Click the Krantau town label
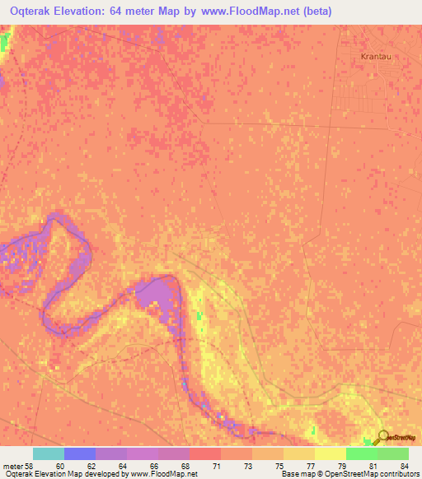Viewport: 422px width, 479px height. click(376, 57)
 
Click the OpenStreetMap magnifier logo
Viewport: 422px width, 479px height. click(382, 437)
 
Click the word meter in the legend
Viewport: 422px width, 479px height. click(12, 466)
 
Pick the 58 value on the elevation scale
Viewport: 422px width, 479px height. click(30, 466)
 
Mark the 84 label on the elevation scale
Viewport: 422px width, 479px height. click(404, 466)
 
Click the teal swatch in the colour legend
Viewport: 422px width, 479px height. click(49, 453)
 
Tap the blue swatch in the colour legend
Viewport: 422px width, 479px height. click(80, 453)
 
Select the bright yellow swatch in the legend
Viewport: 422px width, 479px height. click(331, 453)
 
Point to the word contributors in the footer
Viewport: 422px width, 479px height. click(401, 475)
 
